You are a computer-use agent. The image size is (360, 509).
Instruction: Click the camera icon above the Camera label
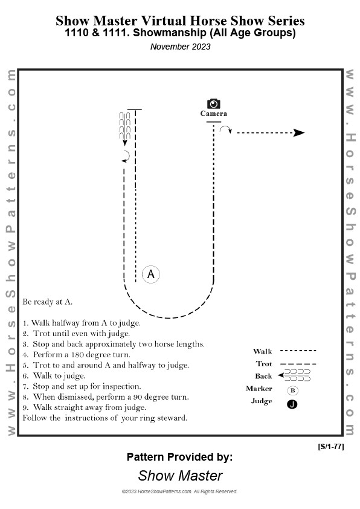[x=214, y=103]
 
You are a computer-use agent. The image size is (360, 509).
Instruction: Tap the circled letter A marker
[x=151, y=274]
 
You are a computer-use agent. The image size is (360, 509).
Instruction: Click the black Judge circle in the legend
[x=292, y=404]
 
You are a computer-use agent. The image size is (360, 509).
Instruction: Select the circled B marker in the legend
[x=292, y=391]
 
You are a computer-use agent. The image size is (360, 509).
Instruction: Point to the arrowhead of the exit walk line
[x=299, y=133]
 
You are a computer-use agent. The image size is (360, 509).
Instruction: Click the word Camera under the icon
[x=214, y=114]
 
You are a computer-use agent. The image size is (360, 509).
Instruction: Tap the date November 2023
[x=181, y=47]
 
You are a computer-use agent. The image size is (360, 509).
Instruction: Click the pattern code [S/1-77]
[x=331, y=446]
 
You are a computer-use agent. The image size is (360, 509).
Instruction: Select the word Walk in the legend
[x=262, y=351]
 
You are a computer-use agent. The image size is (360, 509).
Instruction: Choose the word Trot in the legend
[x=264, y=363]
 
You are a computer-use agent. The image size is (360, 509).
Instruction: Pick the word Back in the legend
[x=263, y=376]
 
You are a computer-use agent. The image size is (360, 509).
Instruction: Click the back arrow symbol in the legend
[x=294, y=375]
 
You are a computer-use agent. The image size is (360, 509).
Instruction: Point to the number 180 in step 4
[x=77, y=354]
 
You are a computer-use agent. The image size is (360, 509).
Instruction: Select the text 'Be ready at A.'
[x=47, y=302]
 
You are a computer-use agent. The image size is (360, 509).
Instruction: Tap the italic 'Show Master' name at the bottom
[x=181, y=476]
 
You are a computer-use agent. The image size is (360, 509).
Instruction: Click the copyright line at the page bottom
[x=179, y=491]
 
